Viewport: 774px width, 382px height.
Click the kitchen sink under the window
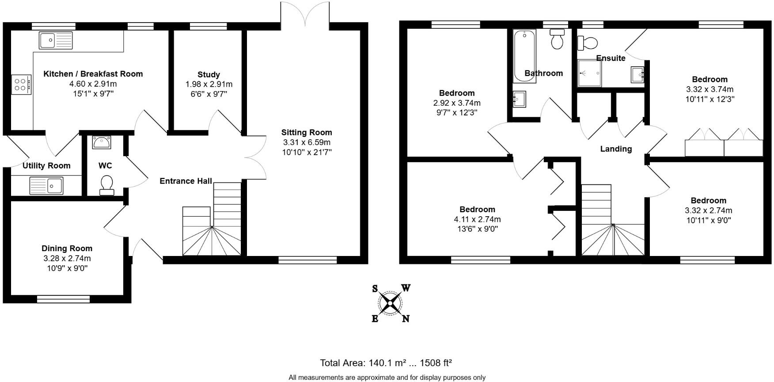coord(55,40)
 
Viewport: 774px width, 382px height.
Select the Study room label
coord(209,74)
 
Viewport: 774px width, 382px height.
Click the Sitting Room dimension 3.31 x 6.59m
coord(307,142)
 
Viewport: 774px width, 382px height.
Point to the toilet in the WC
coord(106,185)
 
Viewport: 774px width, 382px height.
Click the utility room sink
coord(46,185)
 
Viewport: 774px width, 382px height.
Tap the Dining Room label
coord(67,248)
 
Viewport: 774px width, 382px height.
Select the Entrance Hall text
coord(186,181)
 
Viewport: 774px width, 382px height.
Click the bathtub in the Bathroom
coord(524,55)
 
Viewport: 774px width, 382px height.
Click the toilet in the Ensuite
coord(588,43)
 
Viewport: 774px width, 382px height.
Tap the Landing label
coord(615,149)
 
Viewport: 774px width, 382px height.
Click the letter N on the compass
coord(406,318)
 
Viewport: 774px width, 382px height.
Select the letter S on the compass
coord(375,289)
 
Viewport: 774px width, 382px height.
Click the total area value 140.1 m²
coord(387,363)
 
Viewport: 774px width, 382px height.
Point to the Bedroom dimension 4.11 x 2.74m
coord(477,219)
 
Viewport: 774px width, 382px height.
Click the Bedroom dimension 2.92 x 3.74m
coord(457,103)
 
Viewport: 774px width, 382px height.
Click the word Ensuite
coord(611,58)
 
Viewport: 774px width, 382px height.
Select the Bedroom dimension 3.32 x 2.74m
coord(708,210)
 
